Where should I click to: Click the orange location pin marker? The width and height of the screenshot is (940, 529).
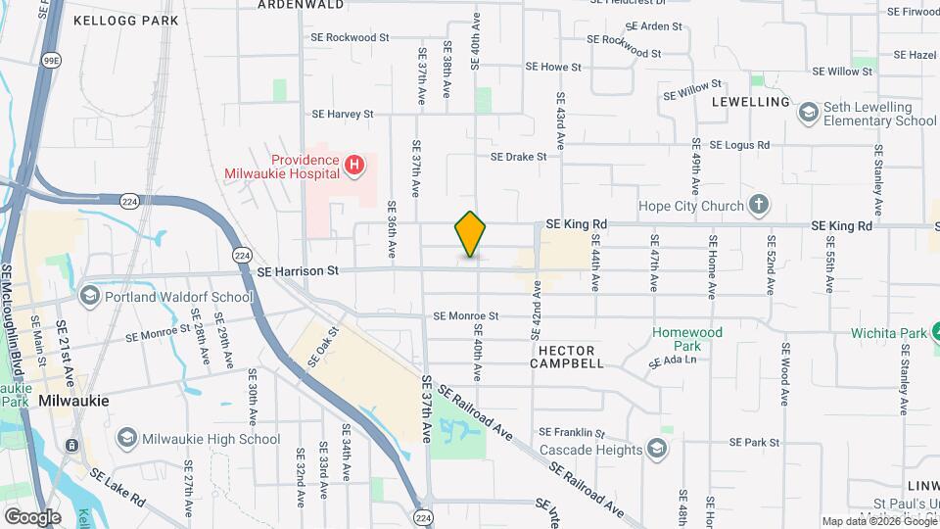pyautogui.click(x=471, y=233)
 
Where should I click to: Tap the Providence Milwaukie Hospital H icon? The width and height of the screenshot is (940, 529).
pyautogui.click(x=355, y=166)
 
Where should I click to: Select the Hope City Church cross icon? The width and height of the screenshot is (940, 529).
pyautogui.click(x=757, y=206)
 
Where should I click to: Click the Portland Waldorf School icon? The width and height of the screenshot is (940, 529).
pyautogui.click(x=89, y=296)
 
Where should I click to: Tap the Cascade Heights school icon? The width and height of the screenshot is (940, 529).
pyautogui.click(x=657, y=448)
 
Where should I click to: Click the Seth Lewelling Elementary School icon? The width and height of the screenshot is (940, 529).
pyautogui.click(x=808, y=113)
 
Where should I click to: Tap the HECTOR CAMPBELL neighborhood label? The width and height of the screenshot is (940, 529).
pyautogui.click(x=567, y=356)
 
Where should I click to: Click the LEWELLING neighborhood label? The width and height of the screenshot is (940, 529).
pyautogui.click(x=751, y=102)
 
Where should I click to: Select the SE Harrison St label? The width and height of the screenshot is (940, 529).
pyautogui.click(x=298, y=269)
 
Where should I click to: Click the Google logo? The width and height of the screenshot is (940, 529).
pyautogui.click(x=32, y=516)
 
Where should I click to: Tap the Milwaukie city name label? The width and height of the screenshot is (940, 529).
pyautogui.click(x=74, y=401)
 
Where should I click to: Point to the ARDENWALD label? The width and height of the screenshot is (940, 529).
pyautogui.click(x=301, y=5)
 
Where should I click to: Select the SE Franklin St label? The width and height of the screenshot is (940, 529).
pyautogui.click(x=574, y=432)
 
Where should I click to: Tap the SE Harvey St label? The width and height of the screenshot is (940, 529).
pyautogui.click(x=343, y=115)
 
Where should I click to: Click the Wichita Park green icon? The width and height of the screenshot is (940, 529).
pyautogui.click(x=934, y=332)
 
